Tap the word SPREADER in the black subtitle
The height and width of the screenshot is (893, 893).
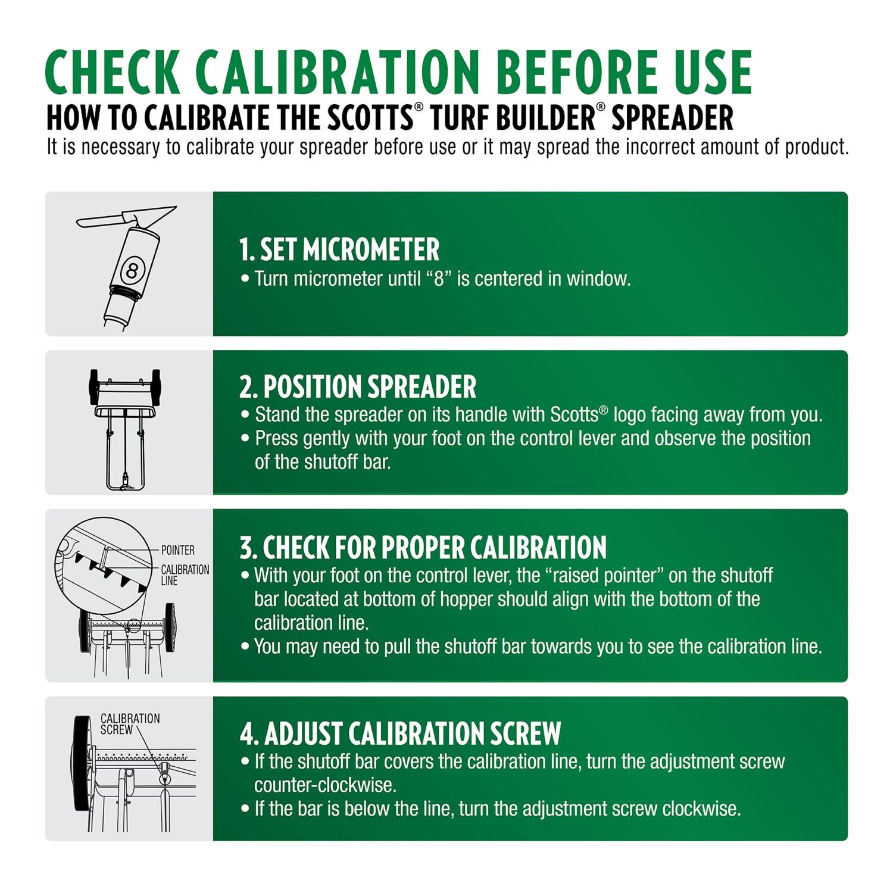[672, 118]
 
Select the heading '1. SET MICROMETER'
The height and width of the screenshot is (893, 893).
[339, 249]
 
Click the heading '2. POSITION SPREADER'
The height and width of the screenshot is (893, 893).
[358, 387]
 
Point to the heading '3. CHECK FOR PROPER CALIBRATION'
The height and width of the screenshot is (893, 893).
[423, 548]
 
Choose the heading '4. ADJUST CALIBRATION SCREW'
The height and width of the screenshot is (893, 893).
[401, 733]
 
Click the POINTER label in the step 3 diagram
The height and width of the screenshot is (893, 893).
[177, 550]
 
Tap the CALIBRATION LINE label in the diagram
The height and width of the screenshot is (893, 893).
[185, 575]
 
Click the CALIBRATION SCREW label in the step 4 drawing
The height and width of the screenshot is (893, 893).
[130, 724]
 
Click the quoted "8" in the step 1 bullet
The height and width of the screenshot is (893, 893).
[439, 279]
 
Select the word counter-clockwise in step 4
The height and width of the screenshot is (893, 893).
[325, 785]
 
